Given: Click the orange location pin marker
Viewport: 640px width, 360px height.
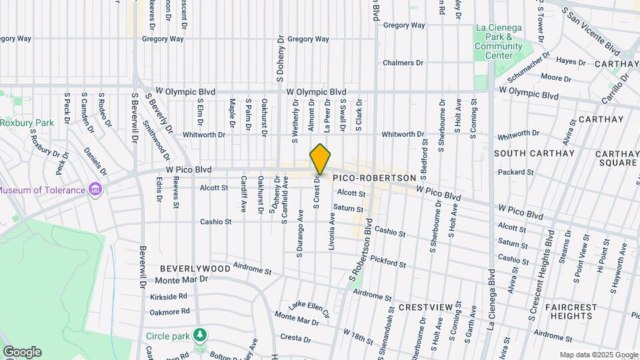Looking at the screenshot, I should point(320,159).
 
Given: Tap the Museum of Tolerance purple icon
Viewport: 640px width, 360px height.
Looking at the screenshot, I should point(95,190).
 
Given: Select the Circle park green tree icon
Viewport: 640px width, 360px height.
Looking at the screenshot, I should point(199,335).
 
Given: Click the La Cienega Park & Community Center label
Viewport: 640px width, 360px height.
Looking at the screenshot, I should point(499,41).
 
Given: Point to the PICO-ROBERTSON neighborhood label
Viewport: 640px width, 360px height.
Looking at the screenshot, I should point(374,179).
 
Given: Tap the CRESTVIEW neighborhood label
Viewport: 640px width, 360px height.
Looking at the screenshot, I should point(427,307).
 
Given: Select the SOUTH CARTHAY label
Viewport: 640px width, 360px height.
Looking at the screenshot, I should point(534,153).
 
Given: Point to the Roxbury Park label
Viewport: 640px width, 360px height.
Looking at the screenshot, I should point(27,123).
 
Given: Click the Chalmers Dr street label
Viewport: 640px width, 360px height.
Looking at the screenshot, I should point(403,63).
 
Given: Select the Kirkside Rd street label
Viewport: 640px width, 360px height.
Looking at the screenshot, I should point(169,296).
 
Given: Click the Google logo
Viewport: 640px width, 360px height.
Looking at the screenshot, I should point(21,352).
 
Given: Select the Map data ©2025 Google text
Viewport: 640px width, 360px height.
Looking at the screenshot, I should point(598,355).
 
